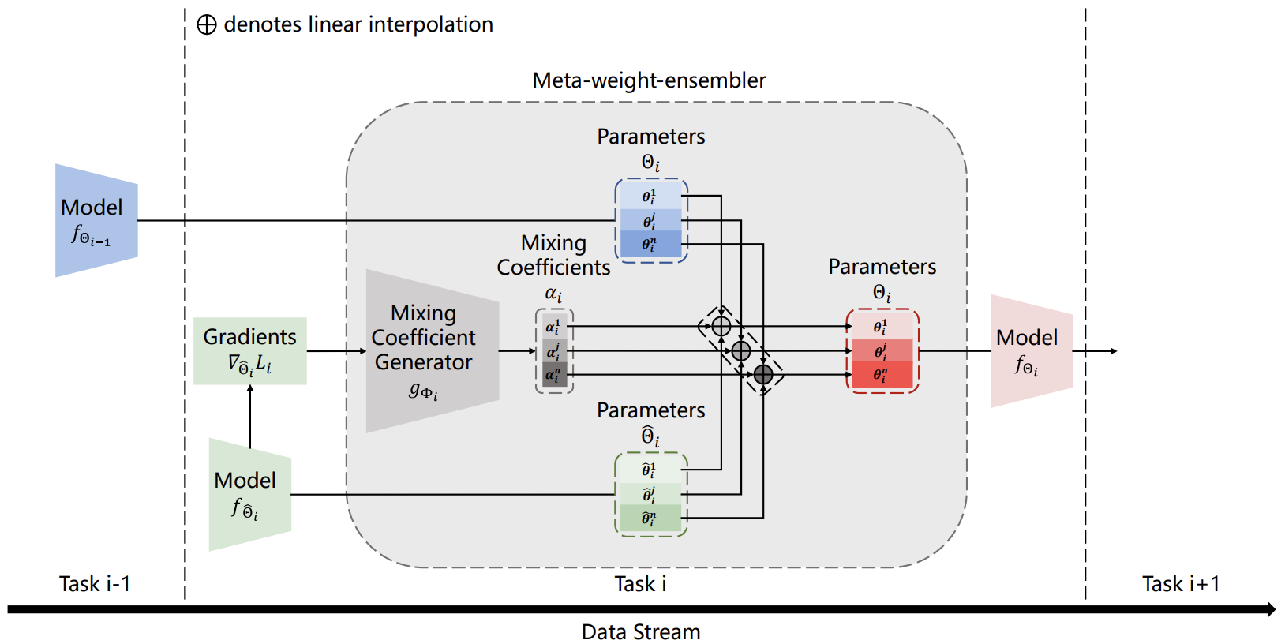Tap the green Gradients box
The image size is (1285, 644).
coord(250,350)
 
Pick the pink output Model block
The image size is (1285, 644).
coord(1031,351)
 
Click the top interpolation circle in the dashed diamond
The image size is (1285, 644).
coord(721,326)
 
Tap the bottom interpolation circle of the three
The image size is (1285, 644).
coord(763,374)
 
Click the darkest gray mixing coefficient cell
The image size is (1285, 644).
coord(554,375)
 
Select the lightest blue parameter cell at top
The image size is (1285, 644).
coord(650,196)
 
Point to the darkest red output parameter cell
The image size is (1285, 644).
coord(882,375)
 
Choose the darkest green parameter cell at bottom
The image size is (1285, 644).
coord(650,519)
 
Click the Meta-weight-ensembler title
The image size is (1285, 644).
coord(649,80)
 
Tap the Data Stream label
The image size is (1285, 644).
coord(641,632)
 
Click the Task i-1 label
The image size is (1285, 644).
coord(95,584)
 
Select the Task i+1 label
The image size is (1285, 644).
coord(1181,584)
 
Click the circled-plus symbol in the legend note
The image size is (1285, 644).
coord(207,25)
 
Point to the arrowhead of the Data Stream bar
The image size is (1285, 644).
coord(1271,609)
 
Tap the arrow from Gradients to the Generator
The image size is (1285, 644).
coord(336,351)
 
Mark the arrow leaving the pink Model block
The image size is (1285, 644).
coord(1097,351)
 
